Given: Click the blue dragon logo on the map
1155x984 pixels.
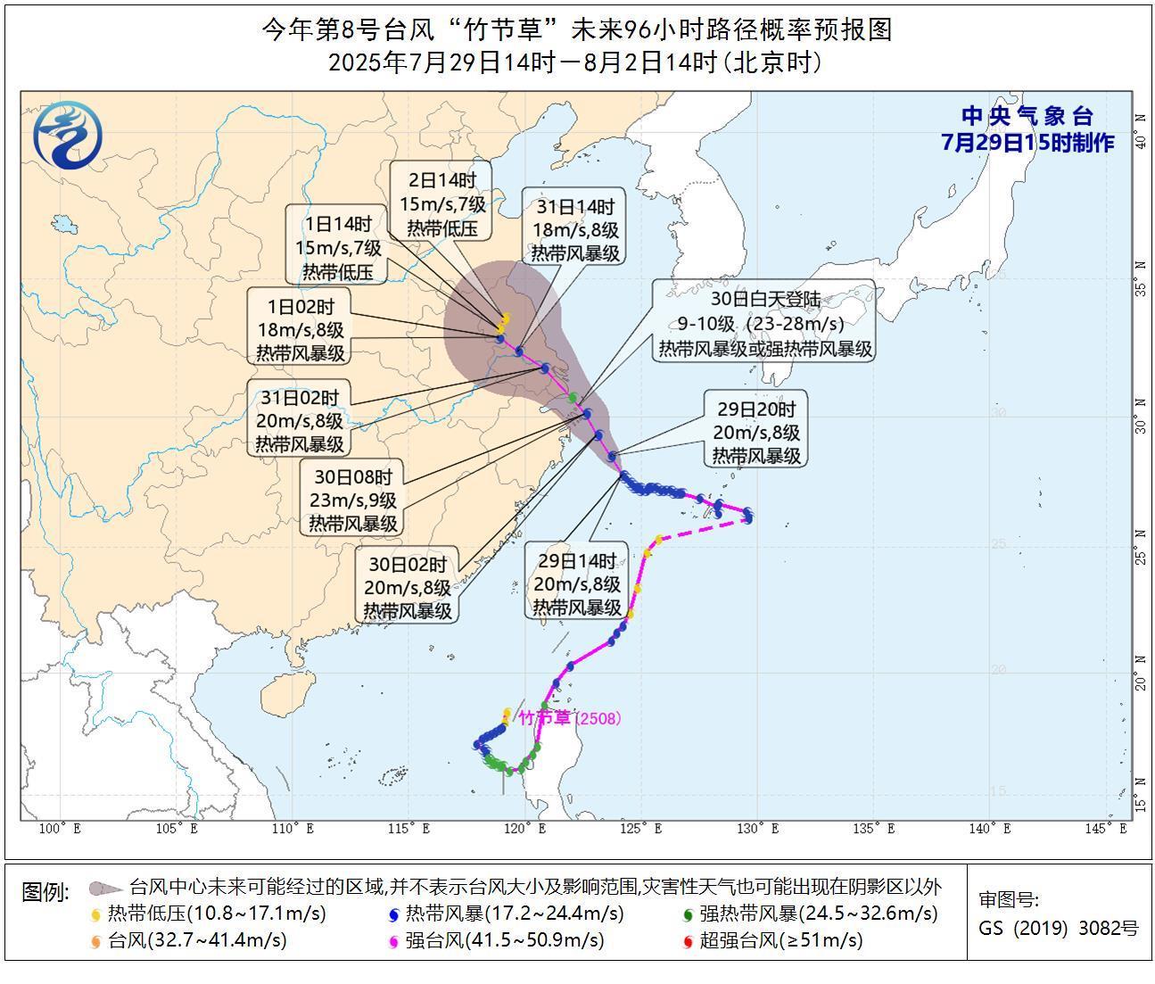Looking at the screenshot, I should point(68,135).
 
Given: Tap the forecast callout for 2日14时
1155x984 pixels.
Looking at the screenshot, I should point(442,204).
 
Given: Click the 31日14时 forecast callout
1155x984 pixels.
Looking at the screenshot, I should point(575,230).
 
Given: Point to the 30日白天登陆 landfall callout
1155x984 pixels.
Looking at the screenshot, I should point(765,323).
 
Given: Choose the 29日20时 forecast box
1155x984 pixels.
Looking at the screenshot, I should point(755,432).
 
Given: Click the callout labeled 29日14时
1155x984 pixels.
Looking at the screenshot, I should point(576,584).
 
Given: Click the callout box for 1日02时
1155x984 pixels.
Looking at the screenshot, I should point(300,330).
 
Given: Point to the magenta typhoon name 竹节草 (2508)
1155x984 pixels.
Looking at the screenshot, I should point(569,718).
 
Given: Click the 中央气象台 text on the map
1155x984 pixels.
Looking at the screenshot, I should point(1027,116).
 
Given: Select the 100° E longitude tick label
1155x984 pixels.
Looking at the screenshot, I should point(61,829).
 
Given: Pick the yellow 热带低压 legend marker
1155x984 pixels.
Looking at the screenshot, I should point(96,914).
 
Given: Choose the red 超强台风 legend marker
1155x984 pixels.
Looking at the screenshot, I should point(687,941).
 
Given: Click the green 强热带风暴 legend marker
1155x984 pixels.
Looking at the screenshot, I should point(687,914).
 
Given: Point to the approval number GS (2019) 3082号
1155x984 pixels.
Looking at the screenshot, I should point(1058,928).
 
